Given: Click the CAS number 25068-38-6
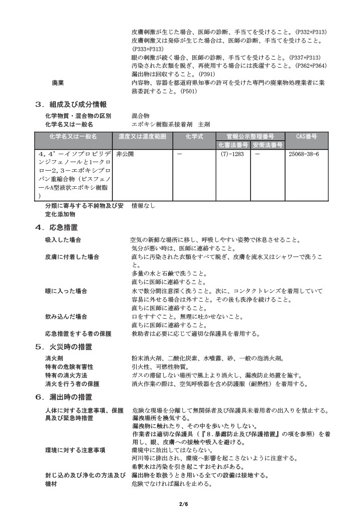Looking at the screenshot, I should coord(304,154).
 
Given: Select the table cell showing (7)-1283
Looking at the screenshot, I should coord(232,154).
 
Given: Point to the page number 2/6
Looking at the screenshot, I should coord(182,503).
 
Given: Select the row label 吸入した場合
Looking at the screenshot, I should coord(63,240).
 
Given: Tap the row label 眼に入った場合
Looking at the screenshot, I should coord(66,291).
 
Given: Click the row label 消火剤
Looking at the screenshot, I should coord(54,359).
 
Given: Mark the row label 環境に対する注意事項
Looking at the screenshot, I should coord(75,450).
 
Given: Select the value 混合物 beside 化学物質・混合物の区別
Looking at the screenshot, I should coord(141,116).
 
